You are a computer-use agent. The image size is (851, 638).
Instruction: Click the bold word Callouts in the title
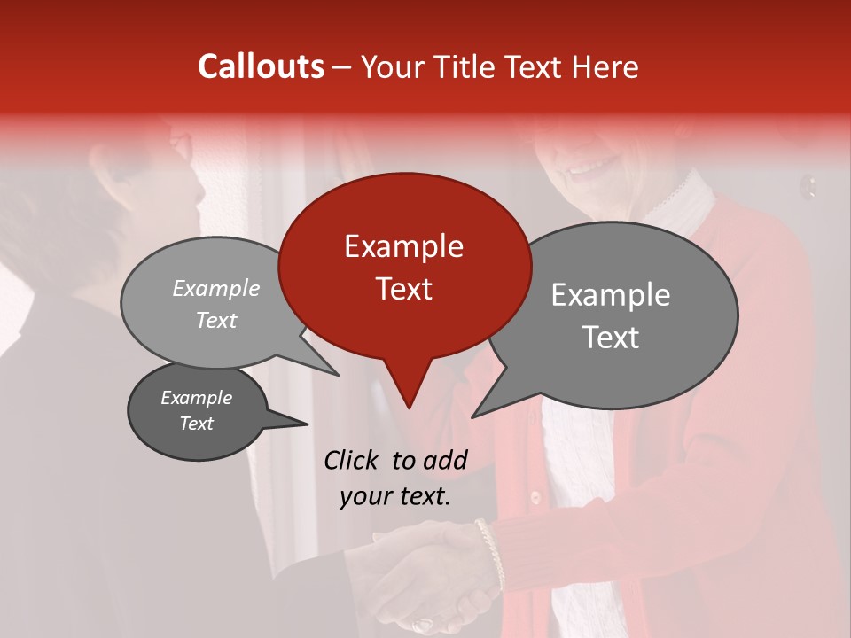261,66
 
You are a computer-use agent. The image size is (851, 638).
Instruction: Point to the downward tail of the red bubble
408,390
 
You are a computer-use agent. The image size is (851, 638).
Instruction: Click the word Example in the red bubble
403,246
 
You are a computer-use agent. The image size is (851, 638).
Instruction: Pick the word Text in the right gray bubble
611,338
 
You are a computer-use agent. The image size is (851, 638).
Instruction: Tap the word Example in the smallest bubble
196,398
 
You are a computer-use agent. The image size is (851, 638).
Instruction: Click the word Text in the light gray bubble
216,320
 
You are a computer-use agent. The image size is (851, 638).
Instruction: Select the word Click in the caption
351,460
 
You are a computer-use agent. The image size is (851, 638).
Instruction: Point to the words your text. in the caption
394,496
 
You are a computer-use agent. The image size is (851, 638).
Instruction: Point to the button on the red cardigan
534,494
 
